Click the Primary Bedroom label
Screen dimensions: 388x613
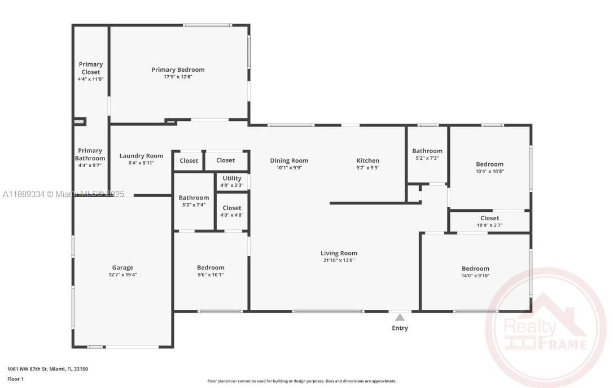(x=178, y=70)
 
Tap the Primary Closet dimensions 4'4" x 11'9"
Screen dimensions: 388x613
(x=90, y=80)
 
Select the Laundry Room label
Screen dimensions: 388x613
(x=141, y=156)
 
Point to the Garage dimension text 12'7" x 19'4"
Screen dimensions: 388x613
(x=122, y=275)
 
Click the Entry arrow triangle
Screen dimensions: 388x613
(x=400, y=317)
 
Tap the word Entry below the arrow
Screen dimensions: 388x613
(x=400, y=328)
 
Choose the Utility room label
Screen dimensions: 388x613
(x=231, y=178)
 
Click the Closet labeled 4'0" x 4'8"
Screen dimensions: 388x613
(x=231, y=208)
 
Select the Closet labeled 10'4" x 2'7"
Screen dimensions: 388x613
(x=489, y=219)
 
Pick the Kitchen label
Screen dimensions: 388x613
(x=367, y=161)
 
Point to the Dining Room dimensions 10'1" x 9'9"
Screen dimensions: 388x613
(x=289, y=168)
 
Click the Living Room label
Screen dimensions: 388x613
(x=339, y=254)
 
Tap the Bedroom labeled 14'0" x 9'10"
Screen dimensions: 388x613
(x=475, y=269)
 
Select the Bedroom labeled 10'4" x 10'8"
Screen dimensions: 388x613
(x=489, y=165)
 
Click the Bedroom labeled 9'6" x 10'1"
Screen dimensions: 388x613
(x=211, y=268)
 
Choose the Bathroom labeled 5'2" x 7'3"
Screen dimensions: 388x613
(x=427, y=151)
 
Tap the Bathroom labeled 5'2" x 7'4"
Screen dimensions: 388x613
(x=194, y=198)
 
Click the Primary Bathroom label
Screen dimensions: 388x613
(x=90, y=154)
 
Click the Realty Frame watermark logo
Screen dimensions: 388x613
(x=545, y=328)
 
